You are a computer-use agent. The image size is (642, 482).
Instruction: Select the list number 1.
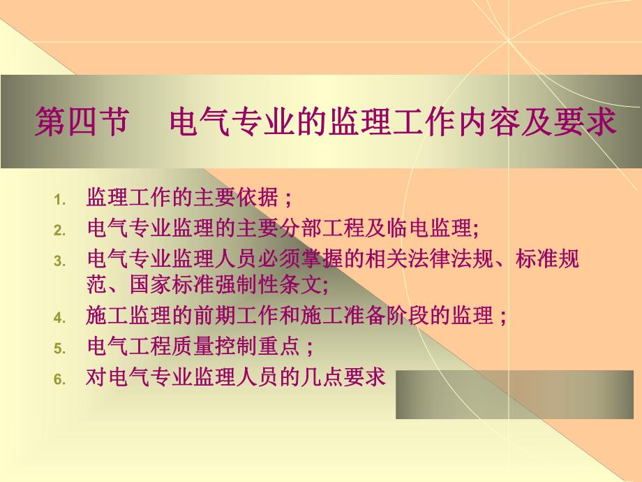click(59, 200)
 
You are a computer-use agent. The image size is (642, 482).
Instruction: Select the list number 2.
click(59, 230)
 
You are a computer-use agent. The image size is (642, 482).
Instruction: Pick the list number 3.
click(59, 261)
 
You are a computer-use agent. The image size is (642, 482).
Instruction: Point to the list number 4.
click(59, 318)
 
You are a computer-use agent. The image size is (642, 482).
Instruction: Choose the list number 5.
click(59, 348)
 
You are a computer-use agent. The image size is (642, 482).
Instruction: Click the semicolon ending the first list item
click(288, 199)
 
